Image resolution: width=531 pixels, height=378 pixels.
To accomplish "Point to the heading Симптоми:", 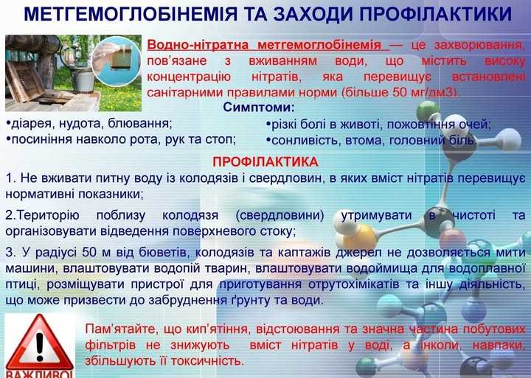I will coord(258,109).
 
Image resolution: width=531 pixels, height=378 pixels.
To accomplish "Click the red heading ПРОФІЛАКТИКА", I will coord(265,161).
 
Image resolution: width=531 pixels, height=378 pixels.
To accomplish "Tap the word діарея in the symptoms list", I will coord(29,123).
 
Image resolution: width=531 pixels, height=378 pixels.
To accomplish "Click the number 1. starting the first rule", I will coord(10,179).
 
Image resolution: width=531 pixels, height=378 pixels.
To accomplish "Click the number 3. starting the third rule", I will coord(10,252).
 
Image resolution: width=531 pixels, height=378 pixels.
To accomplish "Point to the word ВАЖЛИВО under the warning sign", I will coord(38,372).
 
